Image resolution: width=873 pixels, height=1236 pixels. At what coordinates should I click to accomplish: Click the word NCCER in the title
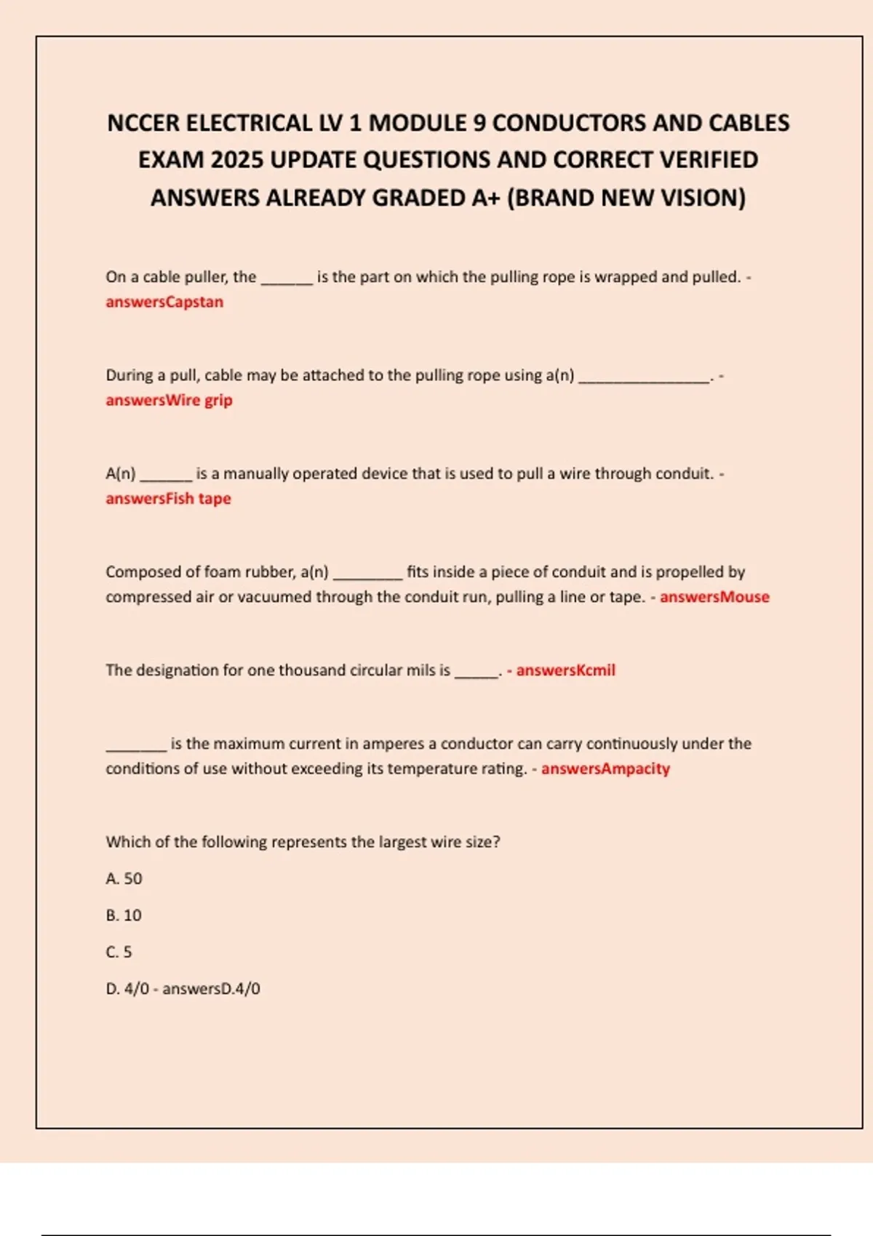(143, 123)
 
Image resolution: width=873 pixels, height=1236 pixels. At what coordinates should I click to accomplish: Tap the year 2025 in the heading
(236, 160)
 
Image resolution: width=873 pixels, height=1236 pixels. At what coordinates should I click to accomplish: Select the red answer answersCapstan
(164, 302)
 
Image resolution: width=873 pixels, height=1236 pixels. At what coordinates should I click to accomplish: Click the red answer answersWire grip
(169, 400)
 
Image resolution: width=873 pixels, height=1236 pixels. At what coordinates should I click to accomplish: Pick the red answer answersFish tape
(168, 499)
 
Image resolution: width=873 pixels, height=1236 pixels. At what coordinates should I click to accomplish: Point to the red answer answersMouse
(714, 597)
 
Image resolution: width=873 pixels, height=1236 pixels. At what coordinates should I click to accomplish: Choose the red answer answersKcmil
(565, 670)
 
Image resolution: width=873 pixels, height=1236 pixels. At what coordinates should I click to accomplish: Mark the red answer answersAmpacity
(605, 769)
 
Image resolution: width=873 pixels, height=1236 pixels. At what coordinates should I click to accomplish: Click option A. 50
(124, 878)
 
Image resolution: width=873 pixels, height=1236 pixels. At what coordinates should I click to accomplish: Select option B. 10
(124, 915)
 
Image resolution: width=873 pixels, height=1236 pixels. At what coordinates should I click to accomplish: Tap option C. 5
(119, 952)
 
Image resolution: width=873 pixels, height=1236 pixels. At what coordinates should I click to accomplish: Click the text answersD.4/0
(211, 989)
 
